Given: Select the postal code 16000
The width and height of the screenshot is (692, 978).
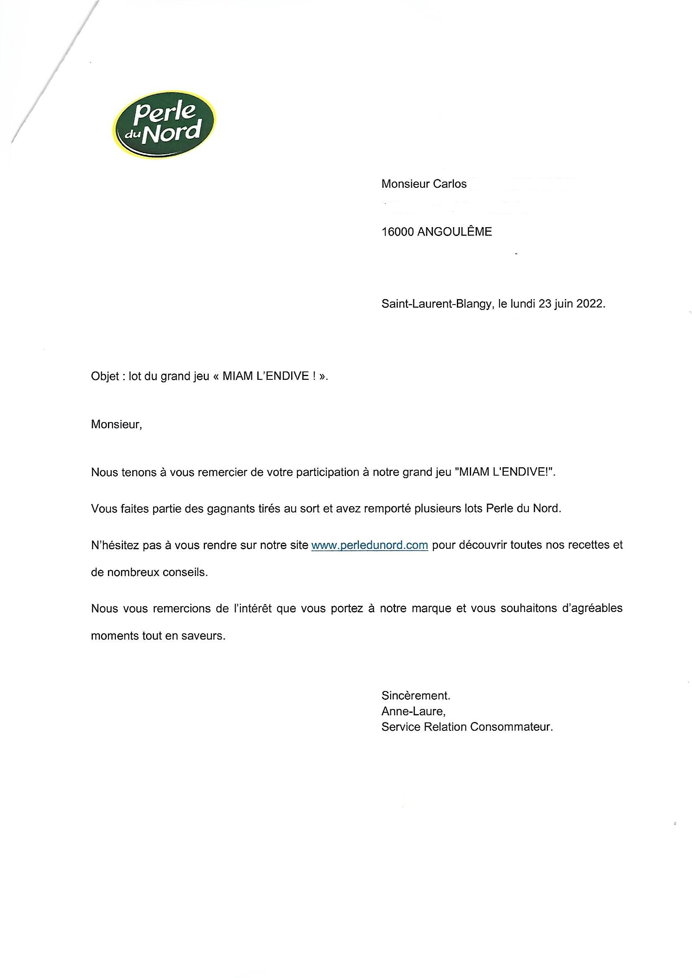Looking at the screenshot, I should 397,232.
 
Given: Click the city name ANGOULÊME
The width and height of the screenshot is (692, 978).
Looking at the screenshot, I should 455,232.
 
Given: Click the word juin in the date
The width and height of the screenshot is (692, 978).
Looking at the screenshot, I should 564,304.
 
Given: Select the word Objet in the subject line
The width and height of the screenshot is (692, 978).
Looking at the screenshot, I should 105,376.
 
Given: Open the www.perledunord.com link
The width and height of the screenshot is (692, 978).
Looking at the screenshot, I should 369,545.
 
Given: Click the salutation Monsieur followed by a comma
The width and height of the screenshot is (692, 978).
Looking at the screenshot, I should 116,425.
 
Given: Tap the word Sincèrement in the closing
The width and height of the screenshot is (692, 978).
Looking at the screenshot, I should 415,696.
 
